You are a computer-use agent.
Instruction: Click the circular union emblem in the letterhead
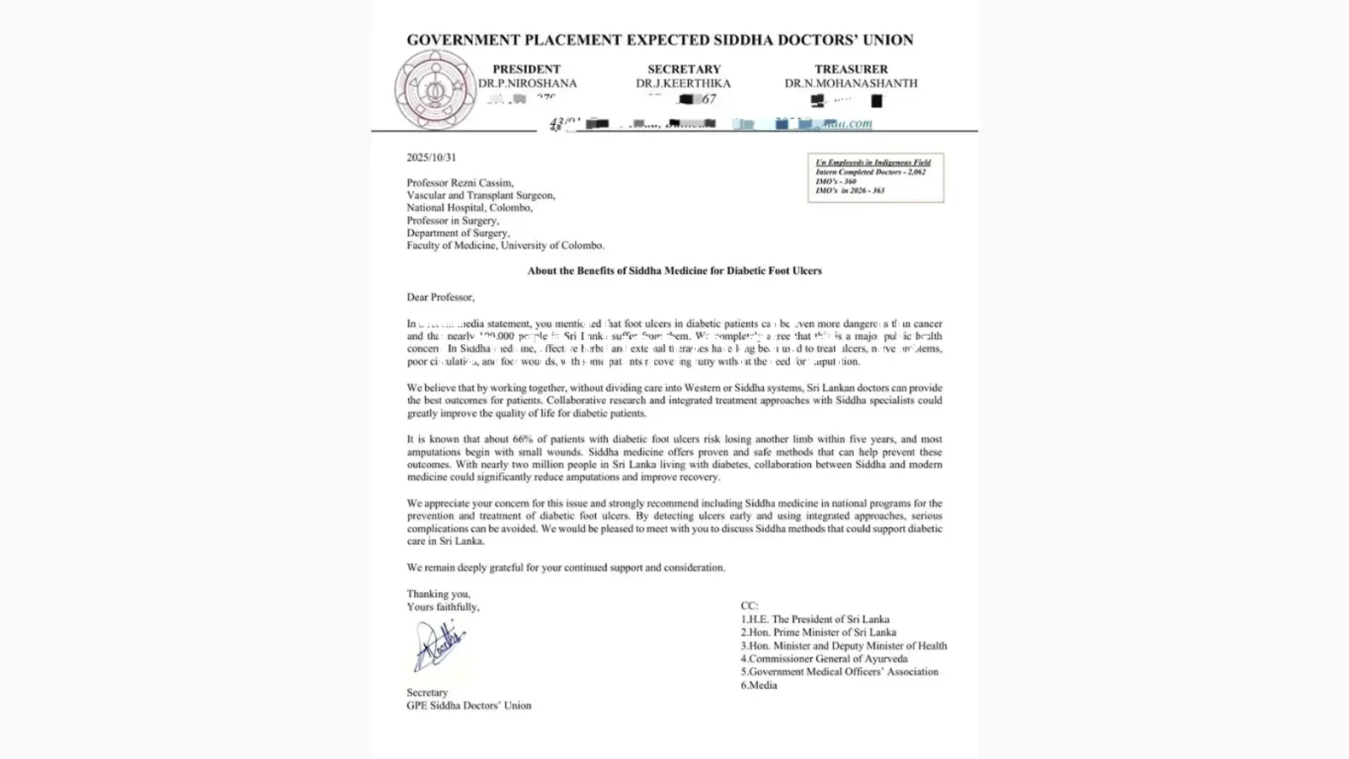435,89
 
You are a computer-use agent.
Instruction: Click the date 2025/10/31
431,158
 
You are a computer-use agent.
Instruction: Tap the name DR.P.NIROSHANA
527,83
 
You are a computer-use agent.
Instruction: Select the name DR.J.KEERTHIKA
683,83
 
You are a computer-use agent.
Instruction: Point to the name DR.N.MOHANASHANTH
851,83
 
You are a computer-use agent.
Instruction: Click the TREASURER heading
851,69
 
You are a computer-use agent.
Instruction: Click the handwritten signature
438,645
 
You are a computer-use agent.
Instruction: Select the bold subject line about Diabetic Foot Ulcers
674,271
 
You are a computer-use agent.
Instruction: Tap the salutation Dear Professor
440,297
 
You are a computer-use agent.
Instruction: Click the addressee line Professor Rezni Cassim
460,182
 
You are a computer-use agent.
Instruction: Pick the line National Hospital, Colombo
469,207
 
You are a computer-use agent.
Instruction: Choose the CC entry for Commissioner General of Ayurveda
824,659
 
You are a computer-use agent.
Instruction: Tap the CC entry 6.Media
759,685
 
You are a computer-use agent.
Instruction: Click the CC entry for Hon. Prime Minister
818,632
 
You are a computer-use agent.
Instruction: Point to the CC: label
749,606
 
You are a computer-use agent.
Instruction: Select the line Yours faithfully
443,606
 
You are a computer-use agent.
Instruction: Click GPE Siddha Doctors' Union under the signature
469,705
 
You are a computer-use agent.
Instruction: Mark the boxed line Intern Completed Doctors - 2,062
869,172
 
